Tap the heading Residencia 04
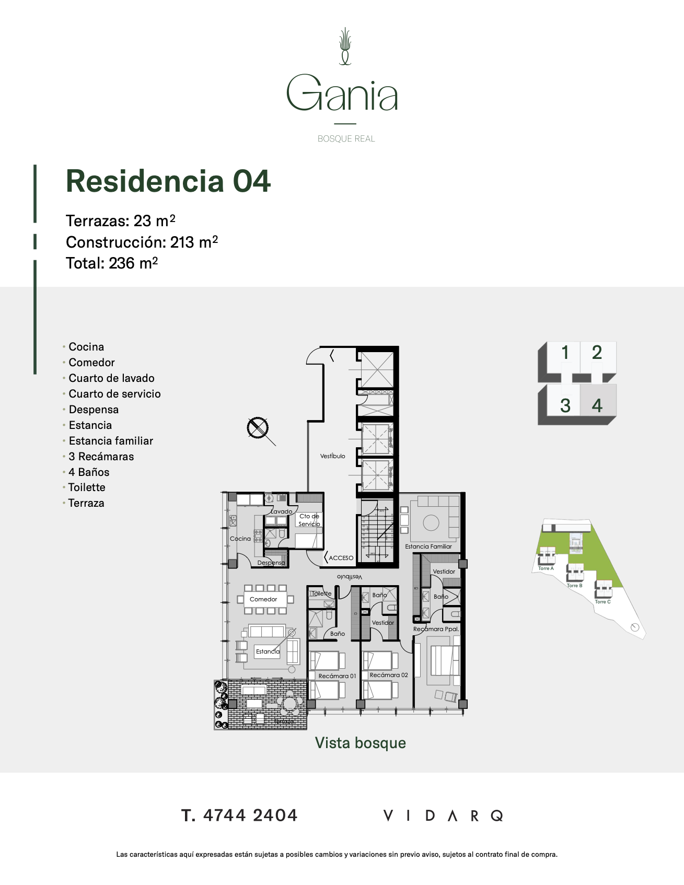pyautogui.click(x=168, y=181)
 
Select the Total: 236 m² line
pyautogui.click(x=112, y=263)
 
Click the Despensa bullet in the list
pyautogui.click(x=94, y=410)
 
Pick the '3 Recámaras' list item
pyautogui.click(x=101, y=457)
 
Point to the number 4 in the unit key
pyautogui.click(x=597, y=406)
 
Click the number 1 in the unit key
pyautogui.click(x=565, y=353)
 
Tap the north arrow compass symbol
pyautogui.click(x=258, y=428)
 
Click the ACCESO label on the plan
pyautogui.click(x=341, y=558)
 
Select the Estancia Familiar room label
pyautogui.click(x=428, y=546)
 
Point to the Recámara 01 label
pyautogui.click(x=337, y=676)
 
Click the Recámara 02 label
pyautogui.click(x=389, y=675)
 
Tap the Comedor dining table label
pyautogui.click(x=263, y=599)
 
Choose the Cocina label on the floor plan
pyautogui.click(x=240, y=539)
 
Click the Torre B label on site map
pyautogui.click(x=574, y=586)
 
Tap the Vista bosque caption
pyautogui.click(x=360, y=743)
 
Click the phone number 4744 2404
pyautogui.click(x=250, y=815)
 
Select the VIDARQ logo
pyautogui.click(x=443, y=816)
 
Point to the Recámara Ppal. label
pyautogui.click(x=436, y=629)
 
